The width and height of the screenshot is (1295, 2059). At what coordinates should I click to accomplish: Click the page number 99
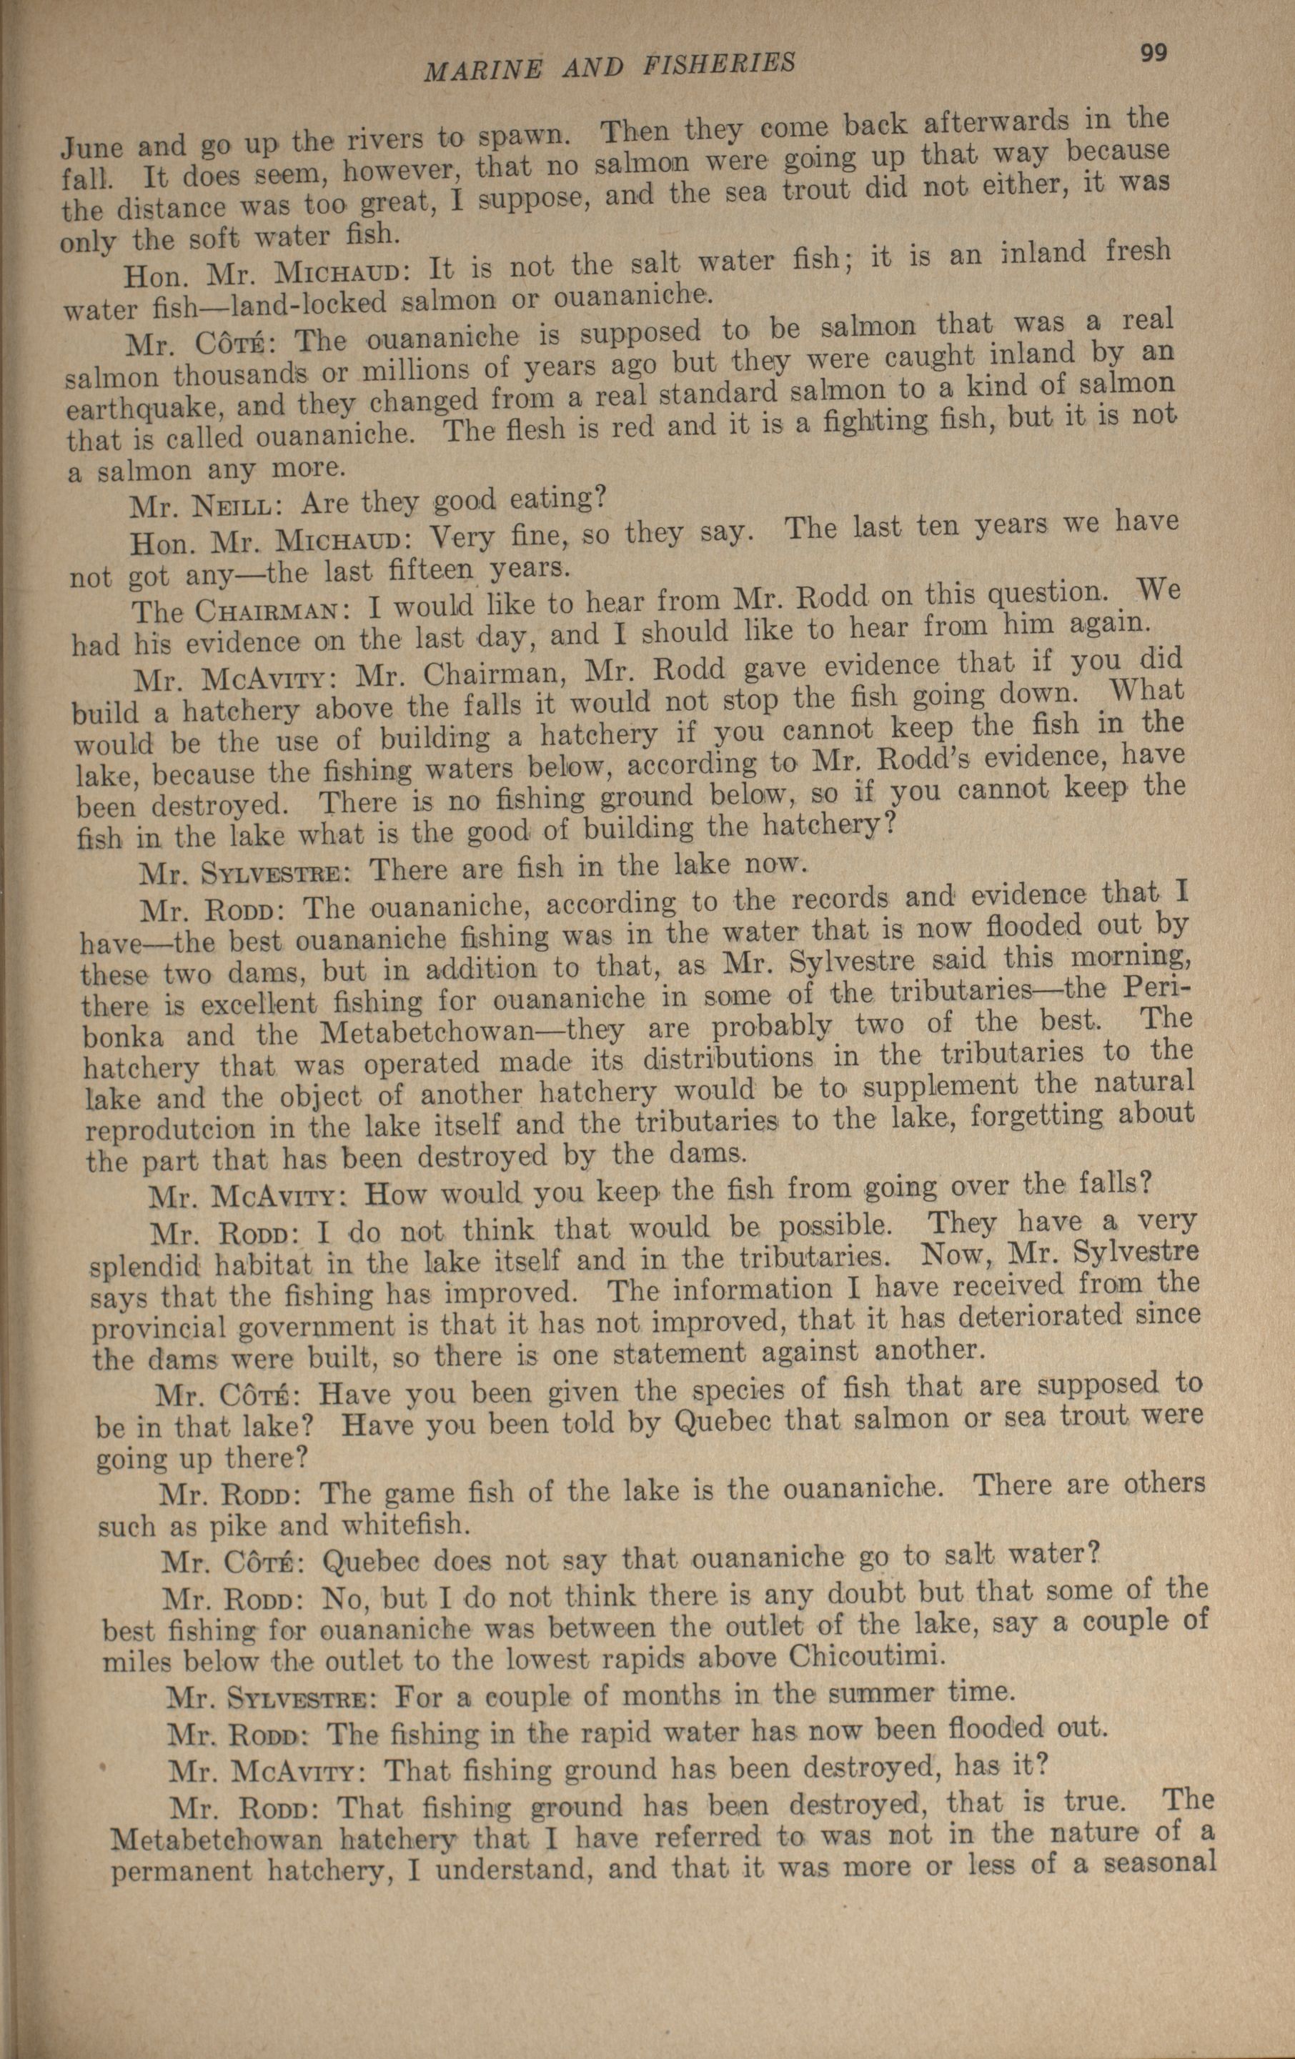[1153, 52]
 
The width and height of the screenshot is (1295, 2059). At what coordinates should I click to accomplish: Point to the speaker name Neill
[242, 507]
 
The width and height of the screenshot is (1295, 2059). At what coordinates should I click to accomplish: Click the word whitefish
[410, 1523]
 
